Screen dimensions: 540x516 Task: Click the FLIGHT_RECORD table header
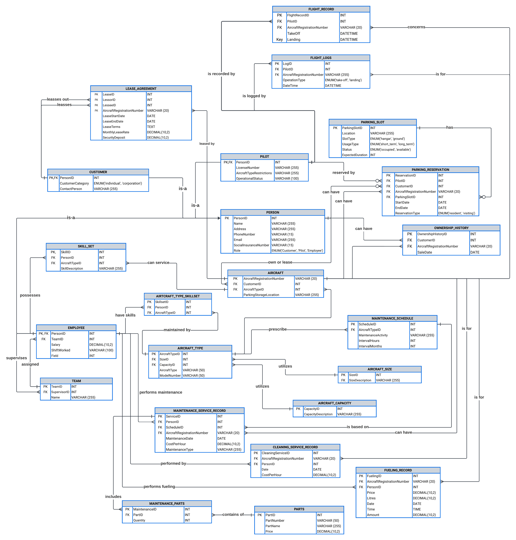pyautogui.click(x=321, y=9)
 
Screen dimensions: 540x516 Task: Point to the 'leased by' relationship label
pyautogui.click(x=207, y=144)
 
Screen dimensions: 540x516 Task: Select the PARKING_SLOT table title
pyautogui.click(x=372, y=122)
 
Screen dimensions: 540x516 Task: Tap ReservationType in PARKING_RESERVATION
pyautogui.click(x=407, y=213)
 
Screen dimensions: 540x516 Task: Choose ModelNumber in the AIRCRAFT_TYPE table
pyautogui.click(x=170, y=376)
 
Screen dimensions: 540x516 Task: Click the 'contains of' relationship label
pyautogui.click(x=233, y=514)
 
